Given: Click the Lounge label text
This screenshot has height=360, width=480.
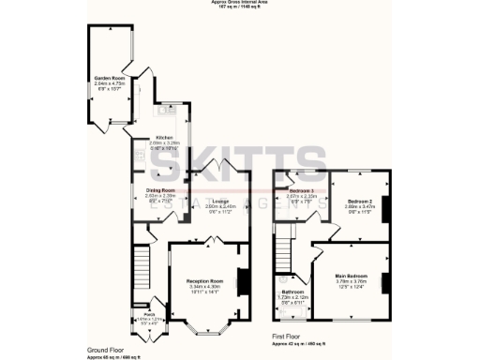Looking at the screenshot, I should (221, 202).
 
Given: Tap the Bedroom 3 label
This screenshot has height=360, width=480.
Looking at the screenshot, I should (299, 189).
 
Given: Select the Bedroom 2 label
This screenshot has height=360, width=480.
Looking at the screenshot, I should (360, 202).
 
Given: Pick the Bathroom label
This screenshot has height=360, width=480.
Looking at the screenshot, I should (292, 292).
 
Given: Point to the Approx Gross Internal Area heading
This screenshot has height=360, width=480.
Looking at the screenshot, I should (239, 3).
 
